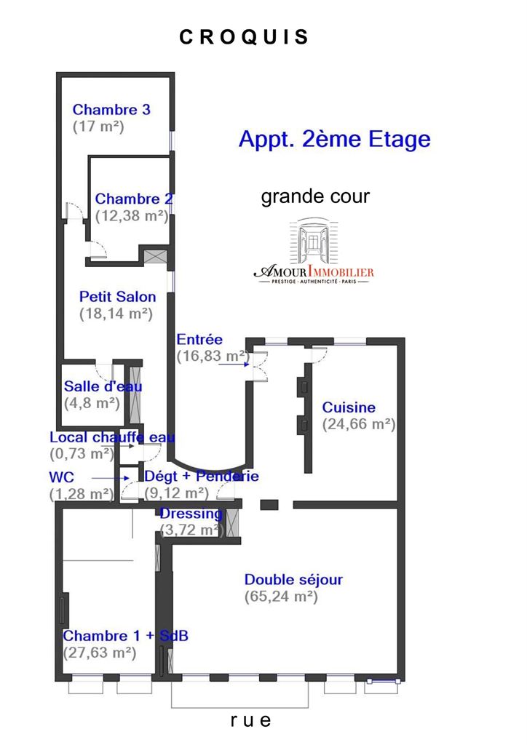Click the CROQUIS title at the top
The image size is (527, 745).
244,37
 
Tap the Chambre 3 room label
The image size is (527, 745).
111,110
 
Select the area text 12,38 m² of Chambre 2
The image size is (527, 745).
132,215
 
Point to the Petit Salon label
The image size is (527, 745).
117,297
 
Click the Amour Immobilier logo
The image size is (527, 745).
314,251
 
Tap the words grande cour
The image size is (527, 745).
315,196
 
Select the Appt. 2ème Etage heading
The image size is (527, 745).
335,139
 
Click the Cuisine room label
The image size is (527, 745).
349,407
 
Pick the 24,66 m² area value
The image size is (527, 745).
359,424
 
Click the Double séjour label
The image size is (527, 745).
293,580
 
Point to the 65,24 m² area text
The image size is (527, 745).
281,597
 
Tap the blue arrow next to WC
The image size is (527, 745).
110,478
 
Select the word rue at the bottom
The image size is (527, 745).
250,720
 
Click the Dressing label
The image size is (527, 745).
191,514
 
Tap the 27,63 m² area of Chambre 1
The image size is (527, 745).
100,653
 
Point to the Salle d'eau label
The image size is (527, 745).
103,386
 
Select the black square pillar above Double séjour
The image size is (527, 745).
269,505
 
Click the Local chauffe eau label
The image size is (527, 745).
112,437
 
